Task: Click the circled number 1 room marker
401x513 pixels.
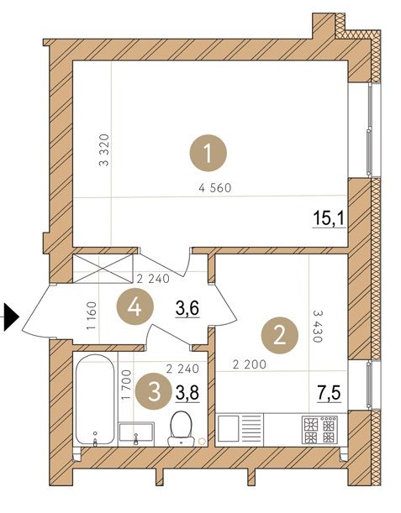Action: (208, 153)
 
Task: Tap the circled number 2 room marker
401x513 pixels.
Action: (279, 335)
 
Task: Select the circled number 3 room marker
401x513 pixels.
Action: (154, 391)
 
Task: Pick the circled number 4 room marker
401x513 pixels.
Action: (135, 307)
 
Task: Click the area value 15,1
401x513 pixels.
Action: (329, 218)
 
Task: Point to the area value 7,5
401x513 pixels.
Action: (329, 393)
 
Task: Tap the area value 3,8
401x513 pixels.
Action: (187, 392)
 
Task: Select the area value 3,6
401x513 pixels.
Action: (187, 308)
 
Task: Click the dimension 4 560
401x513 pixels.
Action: (215, 188)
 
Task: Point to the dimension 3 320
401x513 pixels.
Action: (104, 149)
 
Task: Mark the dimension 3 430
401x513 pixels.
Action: (318, 326)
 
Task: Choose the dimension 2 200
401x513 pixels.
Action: (250, 364)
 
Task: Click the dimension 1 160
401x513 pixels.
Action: (92, 316)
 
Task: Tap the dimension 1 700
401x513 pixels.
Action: (126, 385)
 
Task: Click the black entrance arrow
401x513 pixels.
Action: (12, 317)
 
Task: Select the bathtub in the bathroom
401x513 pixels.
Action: (95, 400)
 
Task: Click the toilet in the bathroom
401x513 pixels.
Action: (182, 428)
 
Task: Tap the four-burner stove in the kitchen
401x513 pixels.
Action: (319, 430)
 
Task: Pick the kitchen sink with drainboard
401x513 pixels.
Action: (240, 428)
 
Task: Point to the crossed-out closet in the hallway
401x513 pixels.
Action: (103, 269)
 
